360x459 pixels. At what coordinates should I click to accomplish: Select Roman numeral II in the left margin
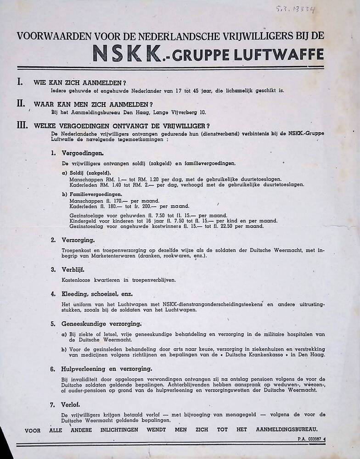20,103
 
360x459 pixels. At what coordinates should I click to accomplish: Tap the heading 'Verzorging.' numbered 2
79,240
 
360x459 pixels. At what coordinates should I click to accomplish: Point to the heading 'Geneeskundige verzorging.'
101,324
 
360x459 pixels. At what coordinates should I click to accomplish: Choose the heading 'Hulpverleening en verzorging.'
107,369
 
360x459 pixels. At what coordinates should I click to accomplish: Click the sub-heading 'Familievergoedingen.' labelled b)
95,195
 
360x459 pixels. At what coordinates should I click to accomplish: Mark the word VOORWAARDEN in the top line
48,35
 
